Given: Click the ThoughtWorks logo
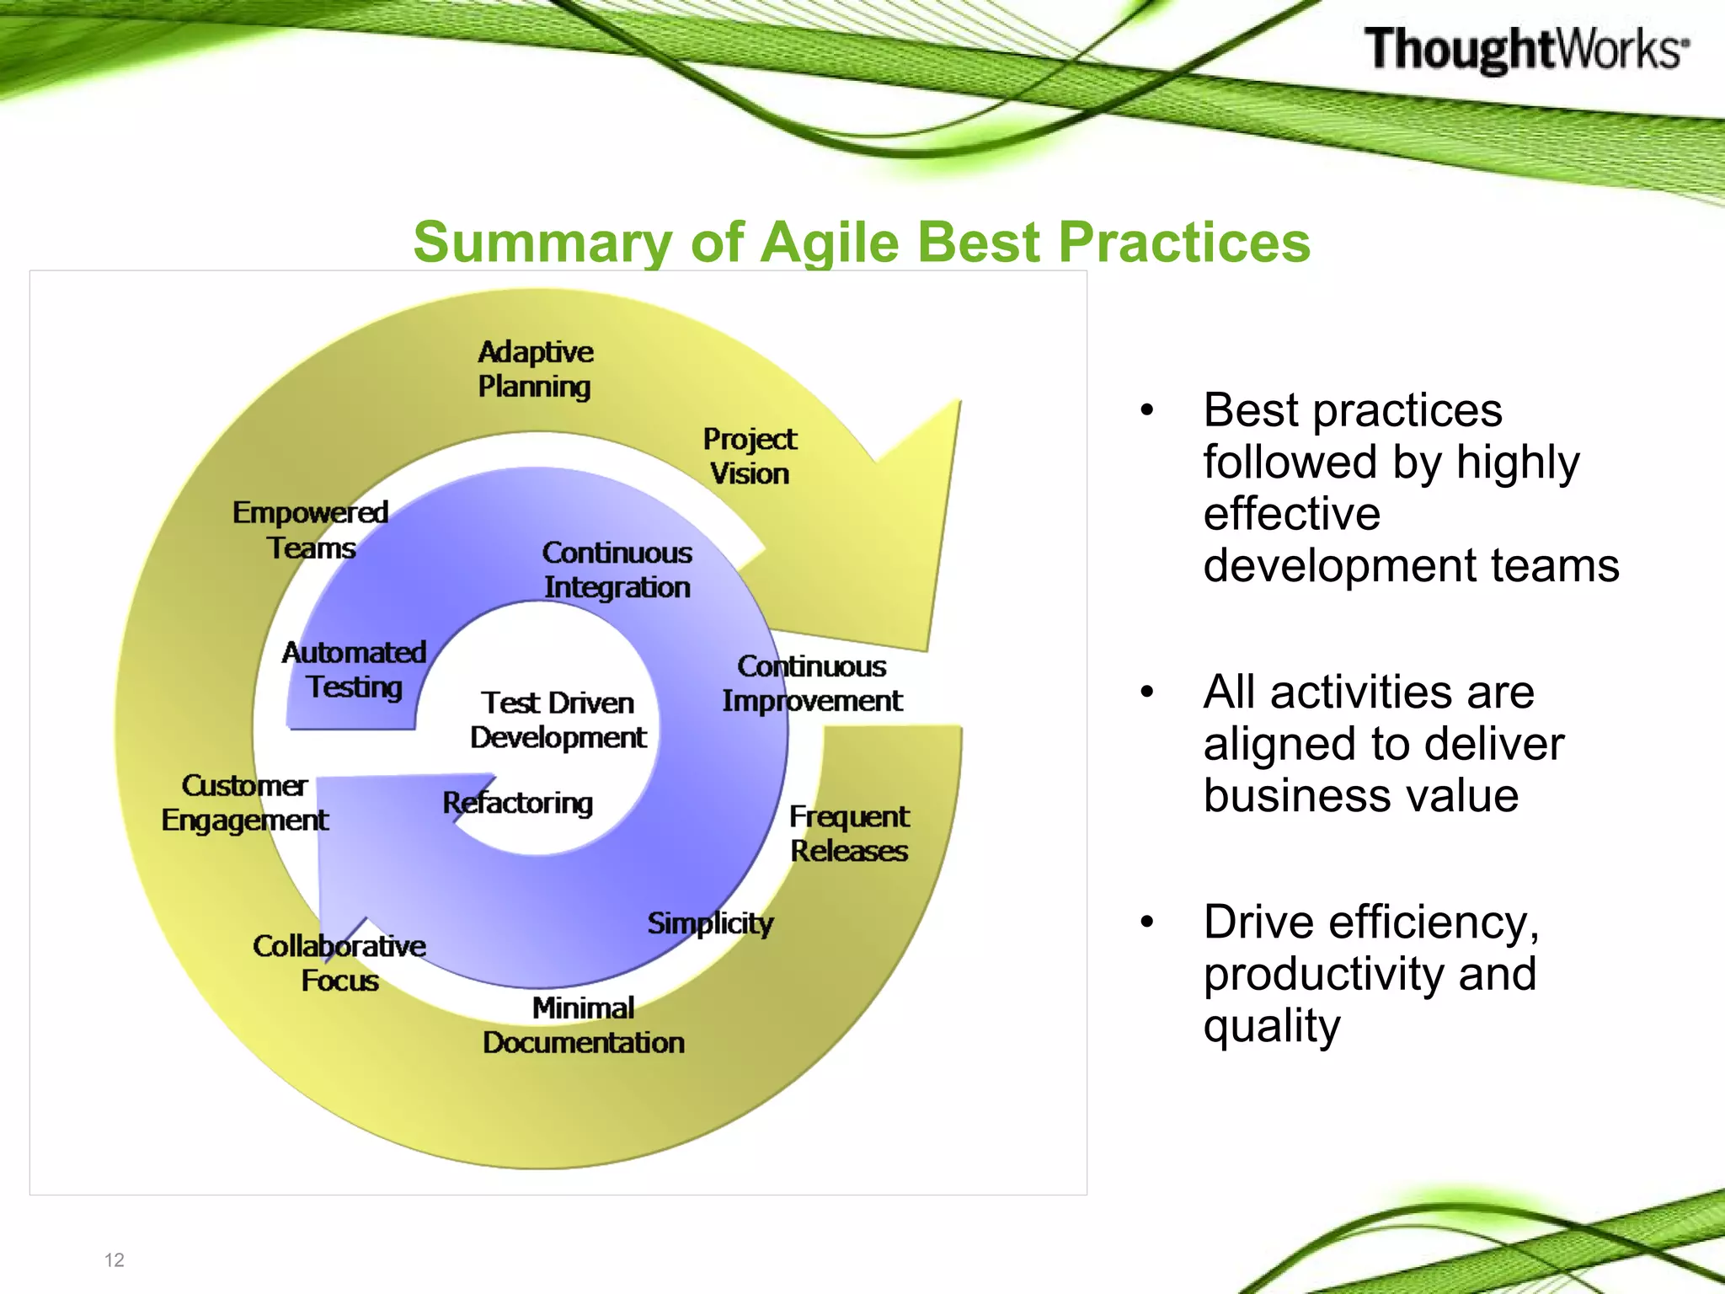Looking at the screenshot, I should point(1525,49).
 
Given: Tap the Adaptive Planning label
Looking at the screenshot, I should point(535,369).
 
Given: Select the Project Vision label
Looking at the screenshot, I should point(749,456).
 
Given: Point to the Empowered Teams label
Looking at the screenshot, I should point(311,530).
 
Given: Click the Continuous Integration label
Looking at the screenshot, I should point(617,569).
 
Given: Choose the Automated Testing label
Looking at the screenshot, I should point(354,670).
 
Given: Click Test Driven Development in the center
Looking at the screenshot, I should point(558,720).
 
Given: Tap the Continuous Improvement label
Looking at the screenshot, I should point(812,683).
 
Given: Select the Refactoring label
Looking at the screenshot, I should point(518,803).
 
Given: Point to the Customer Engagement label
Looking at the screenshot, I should point(244,803).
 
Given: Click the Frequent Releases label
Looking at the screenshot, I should point(849,833).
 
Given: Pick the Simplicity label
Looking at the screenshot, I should point(710,923).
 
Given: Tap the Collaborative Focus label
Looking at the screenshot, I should point(339,963).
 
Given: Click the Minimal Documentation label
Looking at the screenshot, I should point(583,1025).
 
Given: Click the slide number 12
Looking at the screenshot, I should point(114,1259).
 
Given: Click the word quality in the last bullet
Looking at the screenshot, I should point(1271,1027).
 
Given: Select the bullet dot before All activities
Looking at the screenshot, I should point(1146,692).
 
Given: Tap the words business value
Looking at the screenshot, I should point(1360,795).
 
